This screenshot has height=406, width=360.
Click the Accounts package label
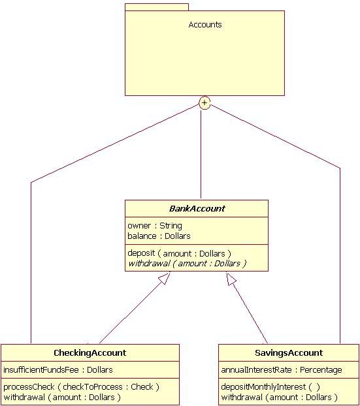(205, 25)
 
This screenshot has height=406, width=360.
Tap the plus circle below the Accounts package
(205, 103)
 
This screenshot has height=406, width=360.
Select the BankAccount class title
(197, 208)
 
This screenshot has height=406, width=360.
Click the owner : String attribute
(155, 226)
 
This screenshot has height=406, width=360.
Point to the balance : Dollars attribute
(159, 236)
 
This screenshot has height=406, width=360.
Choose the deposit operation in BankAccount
(179, 253)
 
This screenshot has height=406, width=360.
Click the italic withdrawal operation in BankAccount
(187, 264)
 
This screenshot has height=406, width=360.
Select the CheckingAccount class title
(90, 352)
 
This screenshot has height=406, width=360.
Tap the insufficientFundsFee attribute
(58, 369)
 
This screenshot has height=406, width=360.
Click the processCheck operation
(81, 387)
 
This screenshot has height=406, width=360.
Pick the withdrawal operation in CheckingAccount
(62, 398)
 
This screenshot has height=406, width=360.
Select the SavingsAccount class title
(289, 352)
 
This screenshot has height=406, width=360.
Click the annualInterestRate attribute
(282, 369)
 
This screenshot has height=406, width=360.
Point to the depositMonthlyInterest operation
(270, 387)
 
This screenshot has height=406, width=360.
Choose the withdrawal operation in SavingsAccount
(280, 398)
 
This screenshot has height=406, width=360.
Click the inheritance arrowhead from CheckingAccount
(165, 278)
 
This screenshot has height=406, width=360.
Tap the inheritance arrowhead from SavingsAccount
(231, 279)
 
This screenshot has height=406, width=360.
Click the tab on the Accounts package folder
(157, 7)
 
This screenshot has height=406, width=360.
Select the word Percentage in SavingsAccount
(321, 370)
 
